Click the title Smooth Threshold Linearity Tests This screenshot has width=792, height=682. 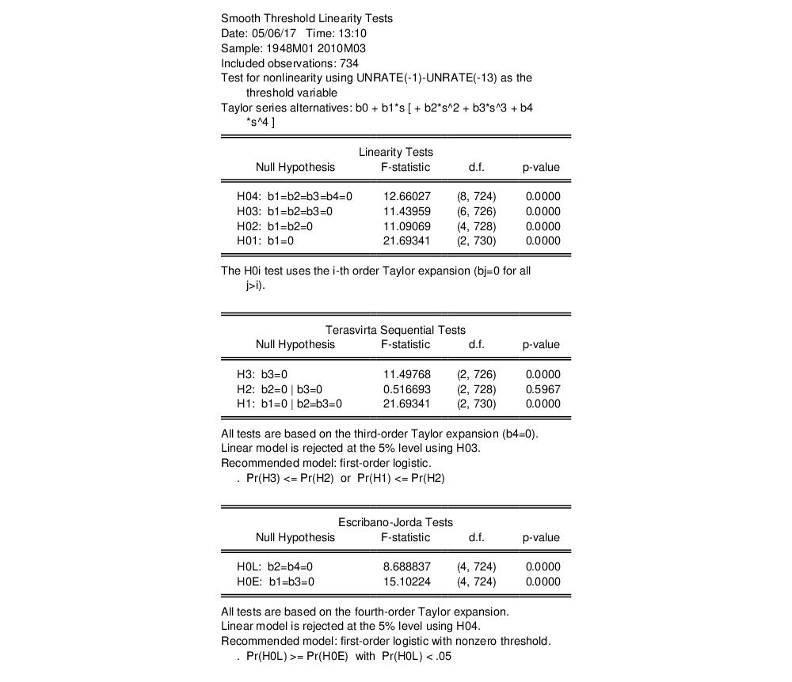[307, 18]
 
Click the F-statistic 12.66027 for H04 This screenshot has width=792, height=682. [406, 196]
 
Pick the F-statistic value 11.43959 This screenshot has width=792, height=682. [406, 211]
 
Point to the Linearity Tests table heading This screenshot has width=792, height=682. [396, 152]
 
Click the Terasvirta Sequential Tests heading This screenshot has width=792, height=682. [395, 330]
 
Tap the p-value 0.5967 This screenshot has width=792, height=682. [543, 389]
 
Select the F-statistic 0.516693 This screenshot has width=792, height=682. [406, 389]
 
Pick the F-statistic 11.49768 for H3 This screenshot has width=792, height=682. [406, 374]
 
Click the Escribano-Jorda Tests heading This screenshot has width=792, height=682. [395, 522]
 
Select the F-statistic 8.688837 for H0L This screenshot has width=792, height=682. [406, 566]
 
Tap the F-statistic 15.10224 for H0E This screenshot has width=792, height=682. [406, 582]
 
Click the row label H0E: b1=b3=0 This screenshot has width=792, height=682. [276, 582]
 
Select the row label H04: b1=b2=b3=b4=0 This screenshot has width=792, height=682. [295, 196]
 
